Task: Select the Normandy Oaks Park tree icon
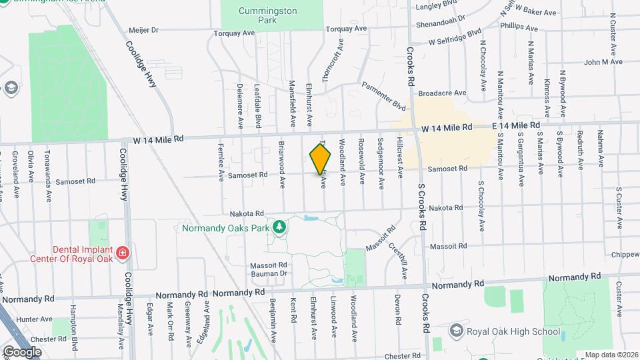pos(281,227)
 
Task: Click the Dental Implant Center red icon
pos(122,253)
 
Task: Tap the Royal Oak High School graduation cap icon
pos(456,331)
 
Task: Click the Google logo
pos(22,351)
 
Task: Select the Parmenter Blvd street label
pos(384,96)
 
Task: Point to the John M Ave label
pos(603,62)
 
